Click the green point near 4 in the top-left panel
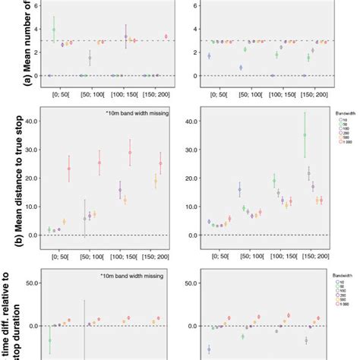tap(54, 30)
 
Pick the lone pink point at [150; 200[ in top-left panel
tap(166, 36)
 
